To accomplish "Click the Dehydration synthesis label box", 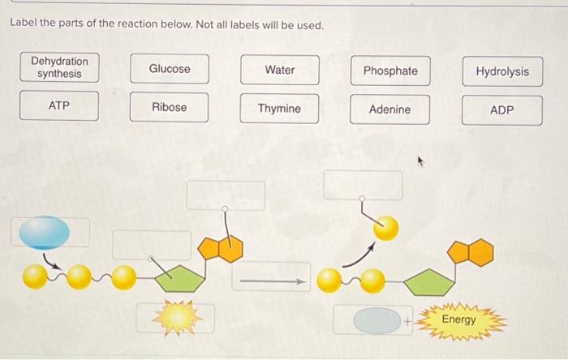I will pos(59,68).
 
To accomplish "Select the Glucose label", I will pos(170,70).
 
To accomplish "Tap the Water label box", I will pos(280,71).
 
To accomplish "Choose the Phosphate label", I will pos(390,71).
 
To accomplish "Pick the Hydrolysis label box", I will pos(501,72).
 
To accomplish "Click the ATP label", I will pos(59,106).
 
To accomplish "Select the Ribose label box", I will pos(170,107).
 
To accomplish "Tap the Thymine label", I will pos(279,109).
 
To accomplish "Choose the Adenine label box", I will pos(389,109).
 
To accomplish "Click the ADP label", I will pos(501,110).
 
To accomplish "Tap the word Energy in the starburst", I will pos(459,319).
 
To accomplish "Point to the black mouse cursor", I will pos(421,162).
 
